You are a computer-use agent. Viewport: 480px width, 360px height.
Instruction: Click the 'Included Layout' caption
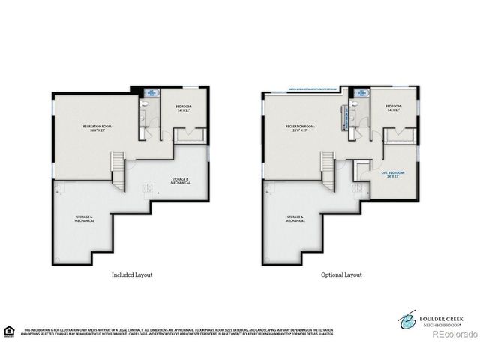pyautogui.click(x=131, y=274)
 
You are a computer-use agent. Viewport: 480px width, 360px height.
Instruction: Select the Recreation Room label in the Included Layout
pyautogui.click(x=97, y=127)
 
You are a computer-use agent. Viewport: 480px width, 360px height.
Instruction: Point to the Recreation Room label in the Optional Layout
pyautogui.click(x=300, y=127)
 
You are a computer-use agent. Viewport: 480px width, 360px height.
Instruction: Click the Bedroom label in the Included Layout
pyautogui.click(x=184, y=108)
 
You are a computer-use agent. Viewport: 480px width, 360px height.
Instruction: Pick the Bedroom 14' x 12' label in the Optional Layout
pyautogui.click(x=394, y=108)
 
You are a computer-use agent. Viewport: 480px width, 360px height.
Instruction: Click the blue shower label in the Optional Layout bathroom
pyautogui.click(x=361, y=94)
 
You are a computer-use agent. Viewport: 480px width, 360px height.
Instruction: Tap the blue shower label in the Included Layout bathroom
pyautogui.click(x=152, y=94)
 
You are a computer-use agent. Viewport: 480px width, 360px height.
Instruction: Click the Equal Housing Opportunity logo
pyautogui.click(x=9, y=330)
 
